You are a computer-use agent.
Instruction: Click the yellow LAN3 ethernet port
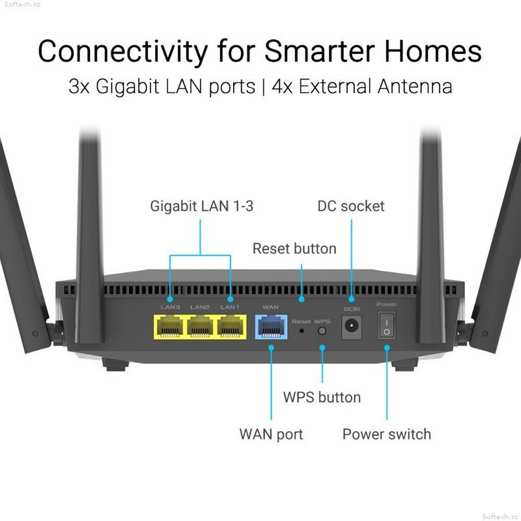(170, 327)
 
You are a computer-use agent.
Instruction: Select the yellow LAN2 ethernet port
(200, 327)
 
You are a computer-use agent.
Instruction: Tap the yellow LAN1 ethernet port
(231, 327)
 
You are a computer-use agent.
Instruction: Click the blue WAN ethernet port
(271, 327)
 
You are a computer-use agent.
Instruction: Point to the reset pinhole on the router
(302, 331)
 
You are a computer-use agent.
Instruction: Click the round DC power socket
(352, 325)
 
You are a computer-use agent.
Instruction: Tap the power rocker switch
(387, 326)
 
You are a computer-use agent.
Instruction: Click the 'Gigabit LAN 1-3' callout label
(202, 206)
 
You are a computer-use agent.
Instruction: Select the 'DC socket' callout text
(351, 206)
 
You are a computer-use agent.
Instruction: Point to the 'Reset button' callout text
(294, 249)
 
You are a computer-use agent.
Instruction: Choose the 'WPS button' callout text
(322, 397)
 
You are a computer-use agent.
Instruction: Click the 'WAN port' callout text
(271, 434)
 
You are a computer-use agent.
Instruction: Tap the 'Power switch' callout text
(387, 434)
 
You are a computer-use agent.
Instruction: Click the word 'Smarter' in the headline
(320, 51)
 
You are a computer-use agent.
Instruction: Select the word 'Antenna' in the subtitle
(415, 87)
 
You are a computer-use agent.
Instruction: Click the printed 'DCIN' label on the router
(352, 309)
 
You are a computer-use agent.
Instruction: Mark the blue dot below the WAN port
(271, 348)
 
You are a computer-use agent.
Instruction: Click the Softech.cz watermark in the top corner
(22, 5)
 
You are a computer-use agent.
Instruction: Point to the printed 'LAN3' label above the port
(170, 307)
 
